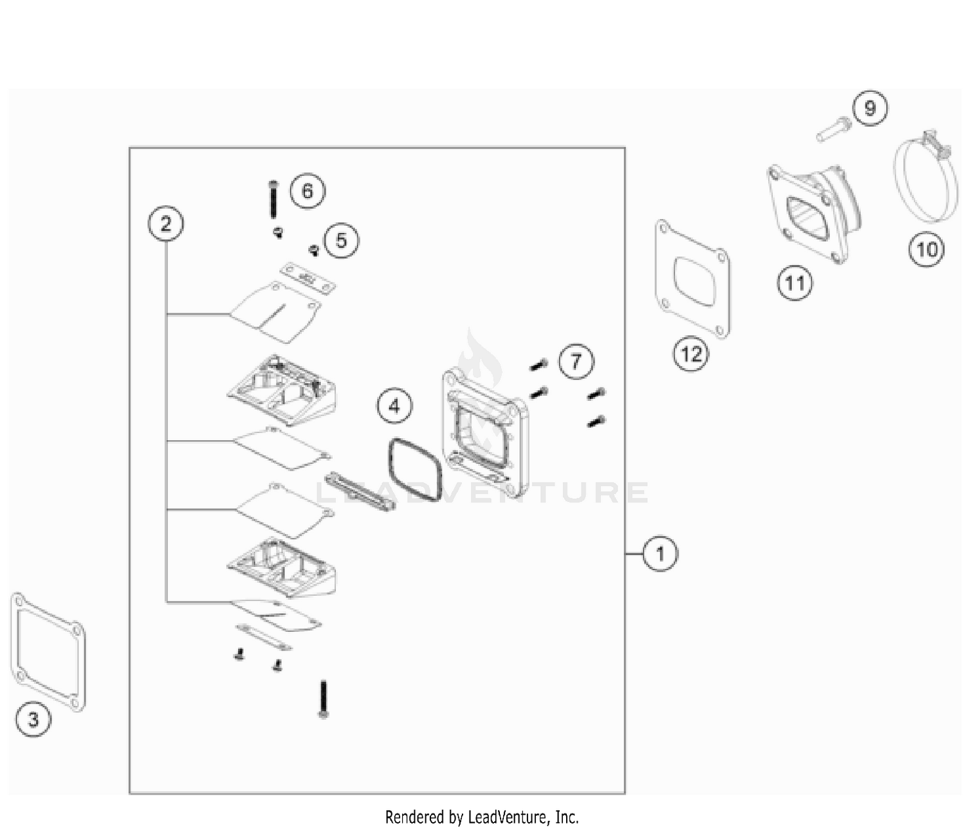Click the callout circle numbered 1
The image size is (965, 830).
pyautogui.click(x=660, y=553)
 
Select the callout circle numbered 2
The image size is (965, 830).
pyautogui.click(x=166, y=224)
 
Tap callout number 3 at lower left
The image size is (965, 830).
pyautogui.click(x=33, y=719)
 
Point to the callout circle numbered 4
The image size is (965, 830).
pyautogui.click(x=394, y=406)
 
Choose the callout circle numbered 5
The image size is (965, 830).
pyautogui.click(x=341, y=241)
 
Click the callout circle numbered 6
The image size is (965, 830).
pyautogui.click(x=308, y=191)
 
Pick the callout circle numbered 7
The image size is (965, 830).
pyautogui.click(x=576, y=361)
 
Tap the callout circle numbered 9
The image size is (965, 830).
pyautogui.click(x=870, y=108)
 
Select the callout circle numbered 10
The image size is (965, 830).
pyautogui.click(x=926, y=250)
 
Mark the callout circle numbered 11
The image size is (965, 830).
pyautogui.click(x=795, y=283)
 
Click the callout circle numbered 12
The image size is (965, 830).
pyautogui.click(x=691, y=354)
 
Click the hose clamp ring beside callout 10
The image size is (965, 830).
pyautogui.click(x=926, y=177)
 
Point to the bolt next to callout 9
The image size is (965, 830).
pyautogui.click(x=833, y=129)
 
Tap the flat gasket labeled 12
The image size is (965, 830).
pyautogui.click(x=693, y=280)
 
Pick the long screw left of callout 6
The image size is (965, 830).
pyautogui.click(x=273, y=200)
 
